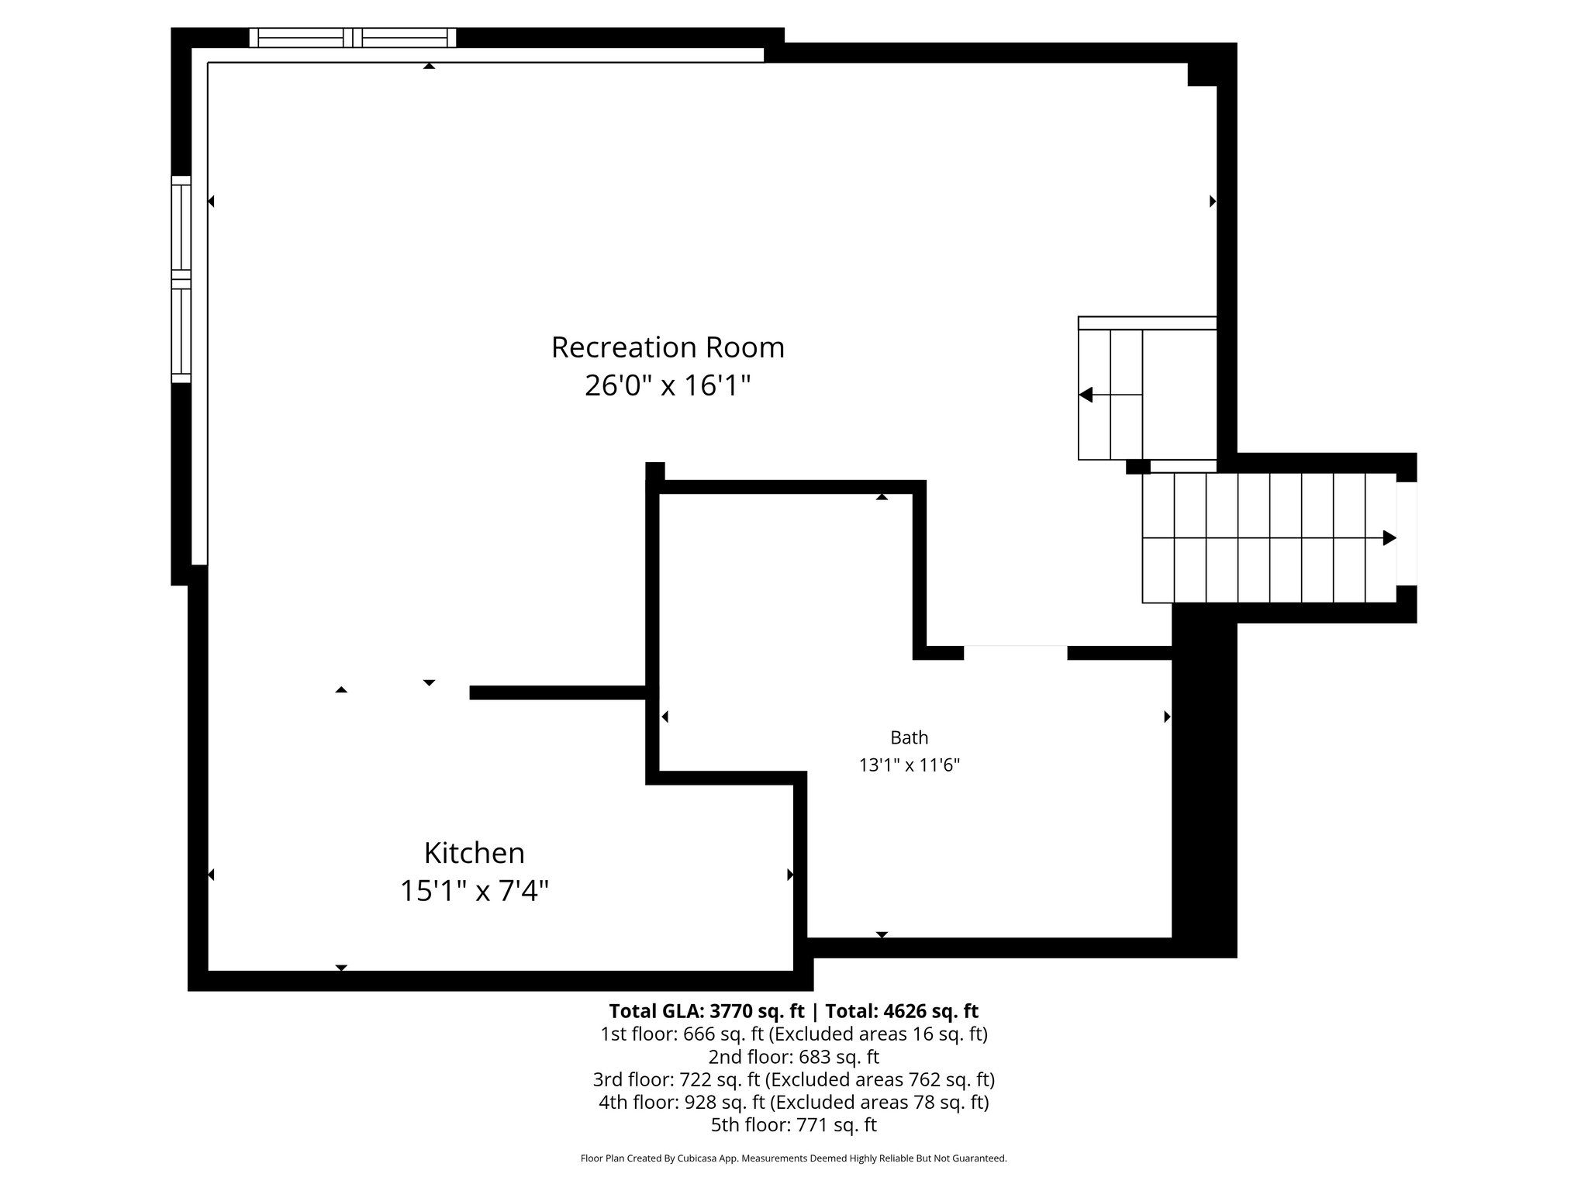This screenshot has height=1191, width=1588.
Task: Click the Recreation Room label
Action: [668, 347]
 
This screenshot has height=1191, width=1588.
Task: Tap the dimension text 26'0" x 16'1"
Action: [668, 385]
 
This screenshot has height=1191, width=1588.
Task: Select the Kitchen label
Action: [474, 853]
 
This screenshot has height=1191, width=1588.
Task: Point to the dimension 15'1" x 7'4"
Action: [474, 891]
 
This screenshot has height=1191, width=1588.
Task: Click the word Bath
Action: [909, 737]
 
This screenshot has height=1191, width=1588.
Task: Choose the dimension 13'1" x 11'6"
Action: [909, 765]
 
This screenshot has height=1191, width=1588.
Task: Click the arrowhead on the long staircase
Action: [1389, 537]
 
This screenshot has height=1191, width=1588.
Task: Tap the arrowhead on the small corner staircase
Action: [1086, 395]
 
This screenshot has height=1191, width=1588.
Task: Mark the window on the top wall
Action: [353, 37]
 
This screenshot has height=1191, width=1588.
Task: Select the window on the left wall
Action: [181, 279]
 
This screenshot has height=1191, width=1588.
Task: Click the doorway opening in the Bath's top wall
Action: [1015, 652]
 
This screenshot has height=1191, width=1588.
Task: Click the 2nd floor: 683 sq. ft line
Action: [793, 1057]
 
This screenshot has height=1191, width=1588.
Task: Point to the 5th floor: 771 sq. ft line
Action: [793, 1124]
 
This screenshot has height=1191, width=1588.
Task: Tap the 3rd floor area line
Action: [793, 1079]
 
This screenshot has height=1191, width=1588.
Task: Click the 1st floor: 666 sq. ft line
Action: [793, 1034]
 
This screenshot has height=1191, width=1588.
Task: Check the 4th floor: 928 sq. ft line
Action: [793, 1102]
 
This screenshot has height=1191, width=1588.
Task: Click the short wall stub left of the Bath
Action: [558, 692]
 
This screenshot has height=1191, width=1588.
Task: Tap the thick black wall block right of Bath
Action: [1203, 783]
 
